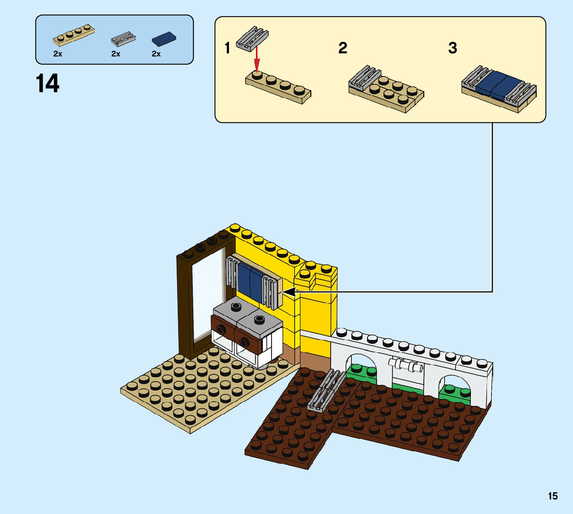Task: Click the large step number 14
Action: click(x=48, y=83)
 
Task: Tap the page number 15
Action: click(x=553, y=496)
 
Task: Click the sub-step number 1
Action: click(x=227, y=49)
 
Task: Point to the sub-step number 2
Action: click(x=342, y=49)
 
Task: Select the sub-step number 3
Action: click(x=452, y=49)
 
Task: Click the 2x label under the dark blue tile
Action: click(x=156, y=54)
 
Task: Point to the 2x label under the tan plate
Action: click(x=57, y=54)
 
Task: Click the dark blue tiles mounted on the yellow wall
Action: click(x=250, y=280)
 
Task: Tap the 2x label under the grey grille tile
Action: click(x=116, y=54)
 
